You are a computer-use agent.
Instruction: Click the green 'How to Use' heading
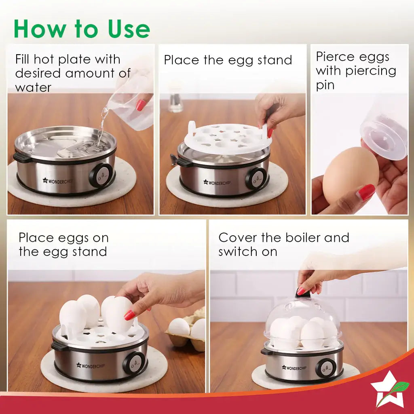(x=82, y=29)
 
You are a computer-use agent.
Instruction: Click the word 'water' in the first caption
(x=33, y=87)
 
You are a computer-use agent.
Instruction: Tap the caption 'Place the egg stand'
(x=228, y=60)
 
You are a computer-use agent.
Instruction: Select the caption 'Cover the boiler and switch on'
(x=283, y=244)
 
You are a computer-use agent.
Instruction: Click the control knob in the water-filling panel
(x=101, y=175)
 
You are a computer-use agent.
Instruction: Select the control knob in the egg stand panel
(x=256, y=178)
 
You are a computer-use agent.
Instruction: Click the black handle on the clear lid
(x=303, y=294)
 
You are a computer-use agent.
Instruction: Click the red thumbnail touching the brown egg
(x=366, y=192)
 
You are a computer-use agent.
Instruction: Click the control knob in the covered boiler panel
(x=325, y=368)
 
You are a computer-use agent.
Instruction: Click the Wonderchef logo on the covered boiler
(x=294, y=368)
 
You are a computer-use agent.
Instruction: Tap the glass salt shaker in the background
(x=176, y=100)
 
